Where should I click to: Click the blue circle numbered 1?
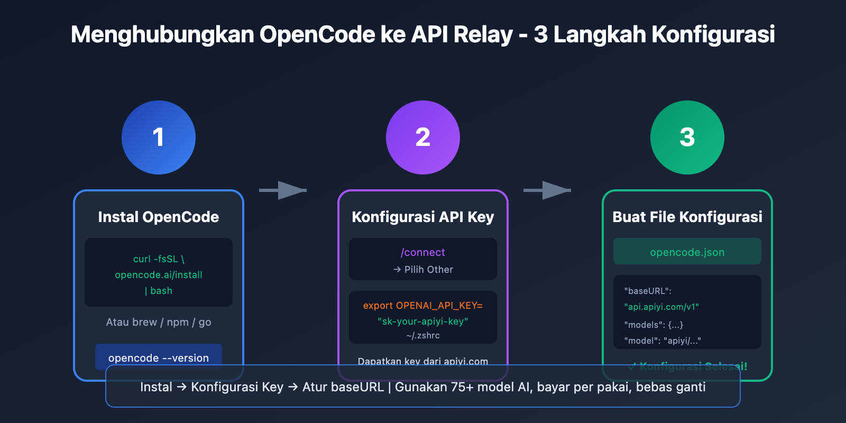[159, 137]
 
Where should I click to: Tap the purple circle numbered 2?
[423, 137]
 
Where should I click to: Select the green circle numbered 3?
[687, 137]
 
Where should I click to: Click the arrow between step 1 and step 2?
[283, 190]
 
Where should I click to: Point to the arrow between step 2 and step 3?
[548, 190]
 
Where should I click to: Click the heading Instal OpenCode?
[159, 217]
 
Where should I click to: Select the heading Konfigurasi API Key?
[423, 217]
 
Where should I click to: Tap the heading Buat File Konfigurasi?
[687, 217]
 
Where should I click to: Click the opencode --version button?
[159, 357]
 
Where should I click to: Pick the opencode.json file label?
[687, 252]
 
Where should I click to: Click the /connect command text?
[423, 252]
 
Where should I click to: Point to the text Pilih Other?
[428, 270]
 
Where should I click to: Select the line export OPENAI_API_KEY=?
[423, 306]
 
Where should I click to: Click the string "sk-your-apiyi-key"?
[423, 321]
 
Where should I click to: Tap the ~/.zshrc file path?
[423, 336]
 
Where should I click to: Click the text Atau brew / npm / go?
[159, 322]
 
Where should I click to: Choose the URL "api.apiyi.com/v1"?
[661, 307]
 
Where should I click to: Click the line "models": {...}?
[654, 325]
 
